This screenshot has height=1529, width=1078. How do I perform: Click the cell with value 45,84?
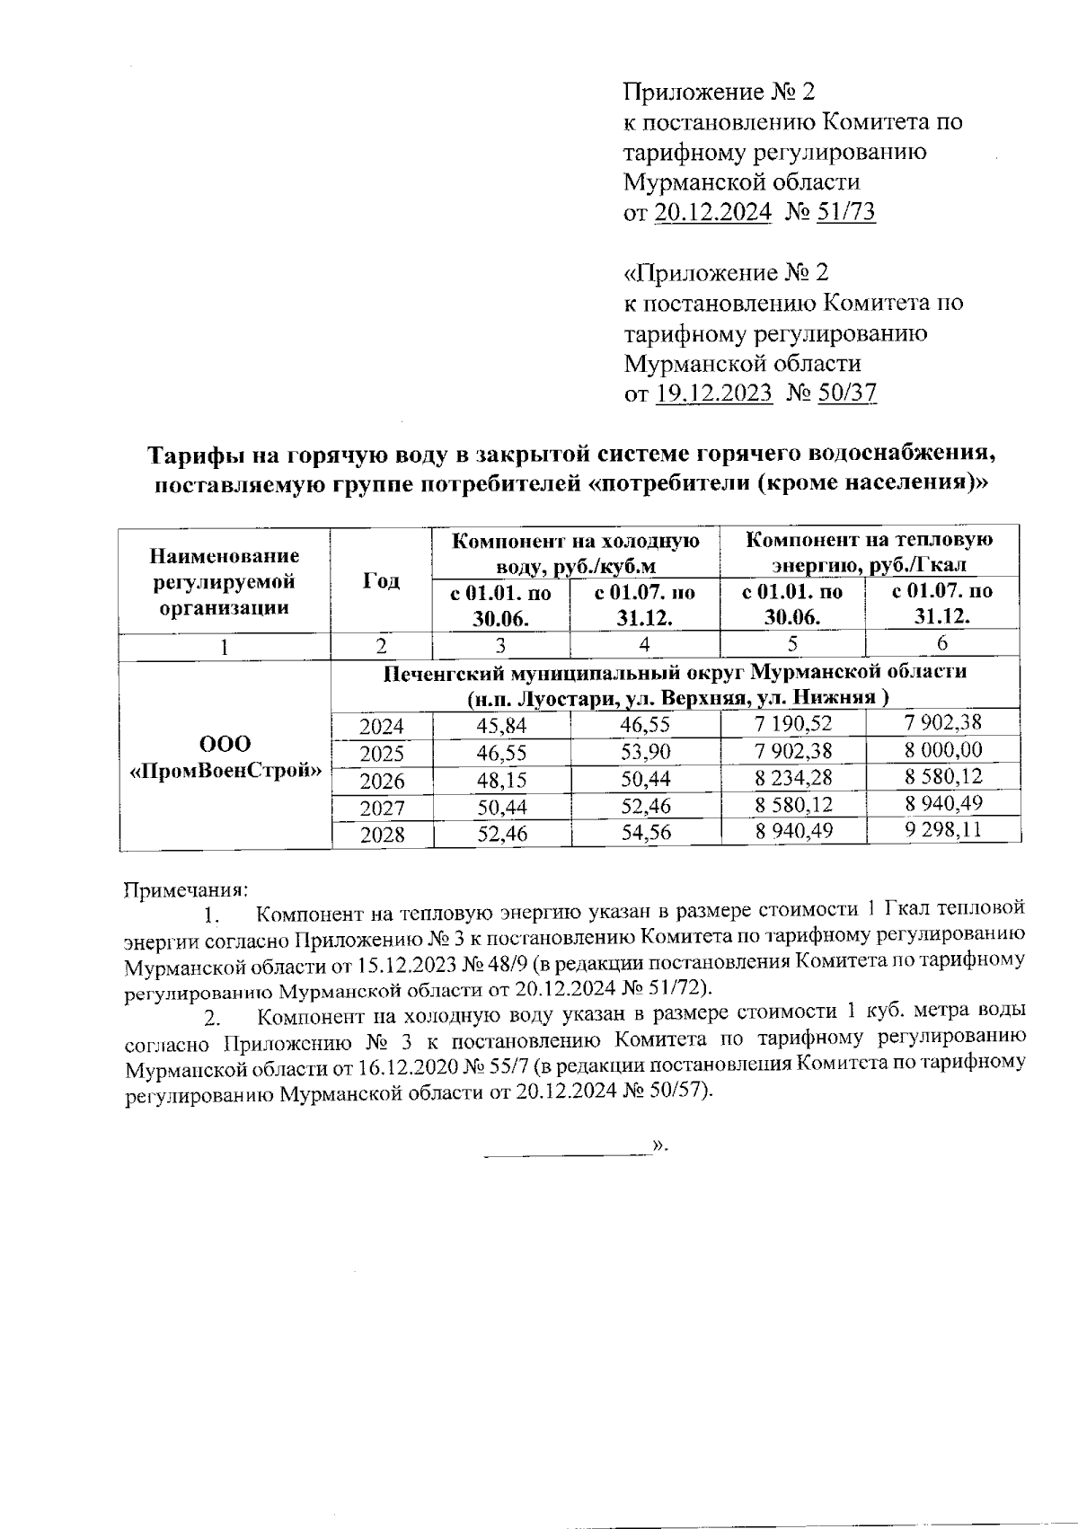[x=501, y=726]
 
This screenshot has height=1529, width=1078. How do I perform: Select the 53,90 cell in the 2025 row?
[x=646, y=752]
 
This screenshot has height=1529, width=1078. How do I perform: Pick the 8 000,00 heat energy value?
[x=942, y=750]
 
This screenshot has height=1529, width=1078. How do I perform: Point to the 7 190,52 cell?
[x=793, y=724]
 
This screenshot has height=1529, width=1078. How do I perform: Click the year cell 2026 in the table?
[x=382, y=781]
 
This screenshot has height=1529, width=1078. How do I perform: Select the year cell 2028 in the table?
[x=382, y=835]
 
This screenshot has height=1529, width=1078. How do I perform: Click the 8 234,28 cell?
[x=793, y=777]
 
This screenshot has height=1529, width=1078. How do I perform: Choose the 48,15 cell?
[x=501, y=780]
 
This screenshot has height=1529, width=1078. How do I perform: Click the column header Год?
[x=381, y=581]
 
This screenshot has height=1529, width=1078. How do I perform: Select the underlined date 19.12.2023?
[x=713, y=393]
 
